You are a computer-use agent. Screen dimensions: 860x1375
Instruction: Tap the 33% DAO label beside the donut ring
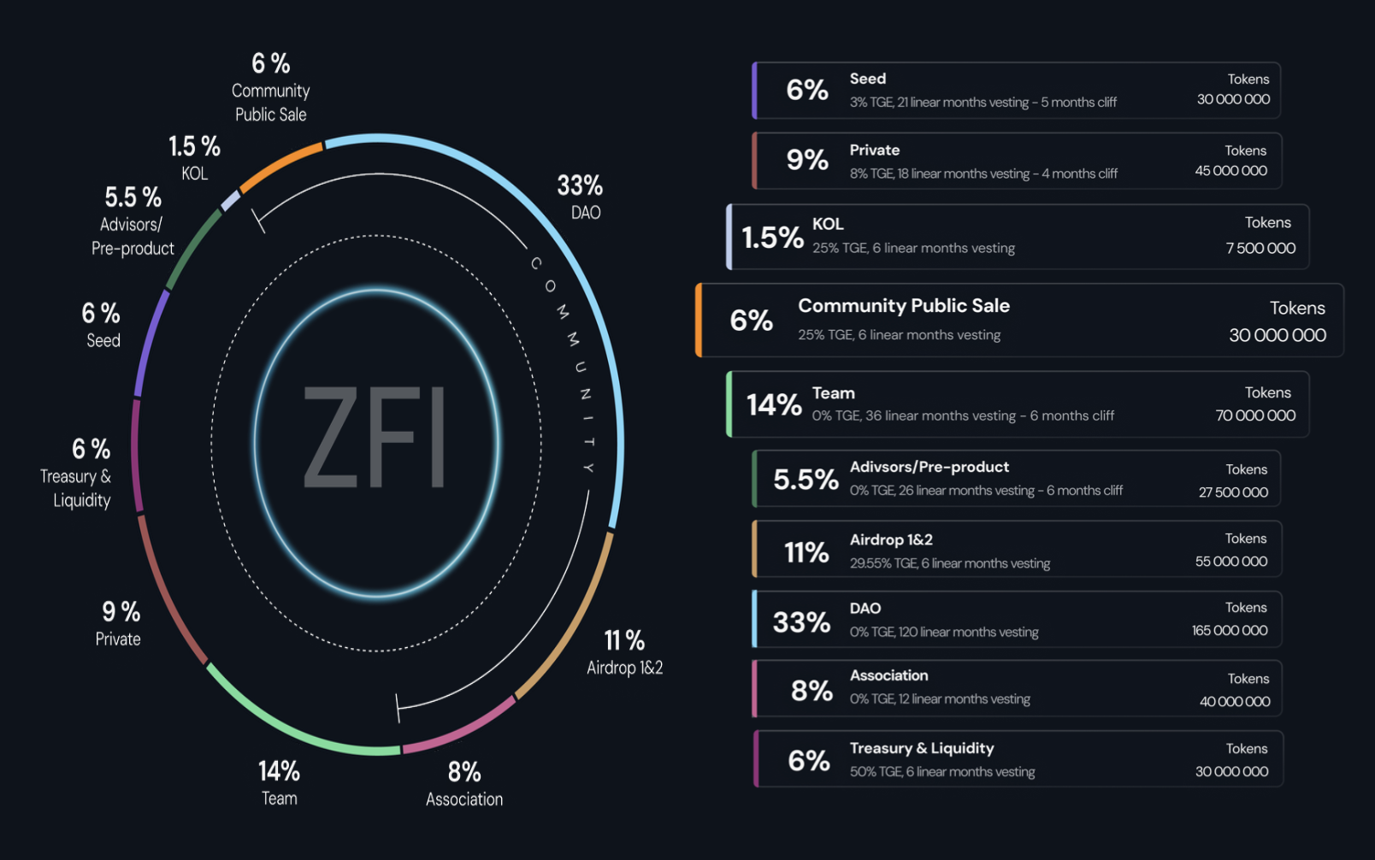(581, 197)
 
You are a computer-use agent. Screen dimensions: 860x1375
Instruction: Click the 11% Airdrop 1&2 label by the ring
(624, 652)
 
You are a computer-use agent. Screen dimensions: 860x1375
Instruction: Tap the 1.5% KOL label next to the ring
(195, 157)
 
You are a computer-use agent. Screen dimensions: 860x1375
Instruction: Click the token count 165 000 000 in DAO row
(1230, 631)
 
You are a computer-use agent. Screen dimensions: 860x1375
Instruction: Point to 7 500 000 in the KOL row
(1260, 249)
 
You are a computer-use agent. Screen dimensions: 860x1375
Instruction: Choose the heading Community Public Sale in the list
(904, 306)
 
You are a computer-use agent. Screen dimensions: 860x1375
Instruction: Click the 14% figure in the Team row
(774, 404)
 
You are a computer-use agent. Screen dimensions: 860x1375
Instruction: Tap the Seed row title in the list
(868, 79)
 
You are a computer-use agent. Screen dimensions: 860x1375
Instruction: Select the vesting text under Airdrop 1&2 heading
(950, 563)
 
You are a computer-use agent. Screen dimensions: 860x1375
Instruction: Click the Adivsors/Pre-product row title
(929, 467)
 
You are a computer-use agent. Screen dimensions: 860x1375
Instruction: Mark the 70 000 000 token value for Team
(1255, 415)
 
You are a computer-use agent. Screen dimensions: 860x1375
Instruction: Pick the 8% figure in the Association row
(811, 691)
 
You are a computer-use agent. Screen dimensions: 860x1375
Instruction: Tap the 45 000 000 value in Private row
(1231, 171)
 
